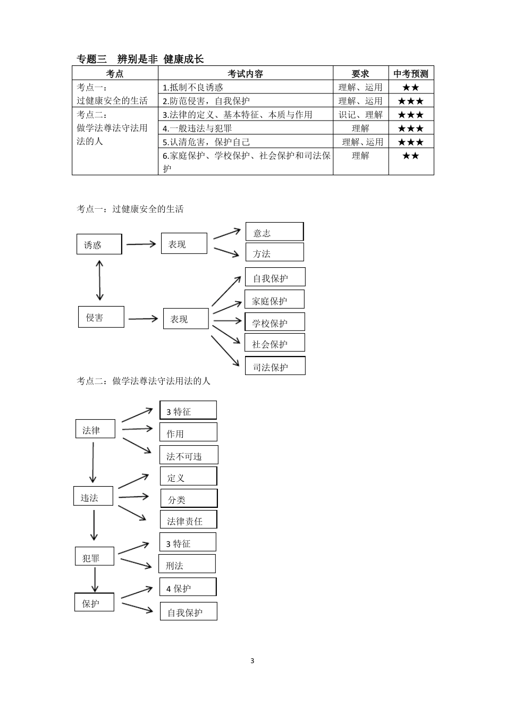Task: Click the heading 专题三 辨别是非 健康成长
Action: coord(140,59)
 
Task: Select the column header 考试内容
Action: coord(245,74)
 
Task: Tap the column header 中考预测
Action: coord(411,74)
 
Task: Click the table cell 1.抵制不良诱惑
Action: coord(193,87)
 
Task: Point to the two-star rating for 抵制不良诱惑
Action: coord(410,88)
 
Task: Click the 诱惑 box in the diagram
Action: coord(99,244)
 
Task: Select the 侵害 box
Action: coord(101,317)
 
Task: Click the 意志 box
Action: coord(274,232)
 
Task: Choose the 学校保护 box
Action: coord(275,322)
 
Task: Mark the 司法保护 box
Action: coord(275,366)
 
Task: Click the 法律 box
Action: coord(95,429)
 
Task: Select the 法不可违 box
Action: coord(189,455)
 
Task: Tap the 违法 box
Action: coord(93,496)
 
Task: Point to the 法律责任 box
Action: coord(188,520)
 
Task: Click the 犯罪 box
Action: coord(95,557)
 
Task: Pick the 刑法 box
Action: coord(187,564)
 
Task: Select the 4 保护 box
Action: coord(188,587)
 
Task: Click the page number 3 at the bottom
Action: coord(252,661)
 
